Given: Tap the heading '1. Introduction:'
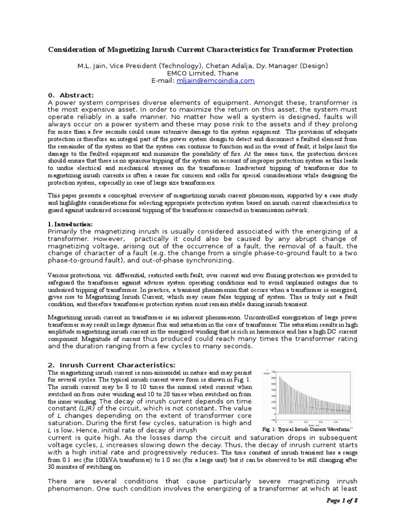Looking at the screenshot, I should tap(70, 224).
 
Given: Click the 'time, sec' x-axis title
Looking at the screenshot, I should tap(313, 425).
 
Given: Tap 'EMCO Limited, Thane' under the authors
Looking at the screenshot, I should tap(198, 73).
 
